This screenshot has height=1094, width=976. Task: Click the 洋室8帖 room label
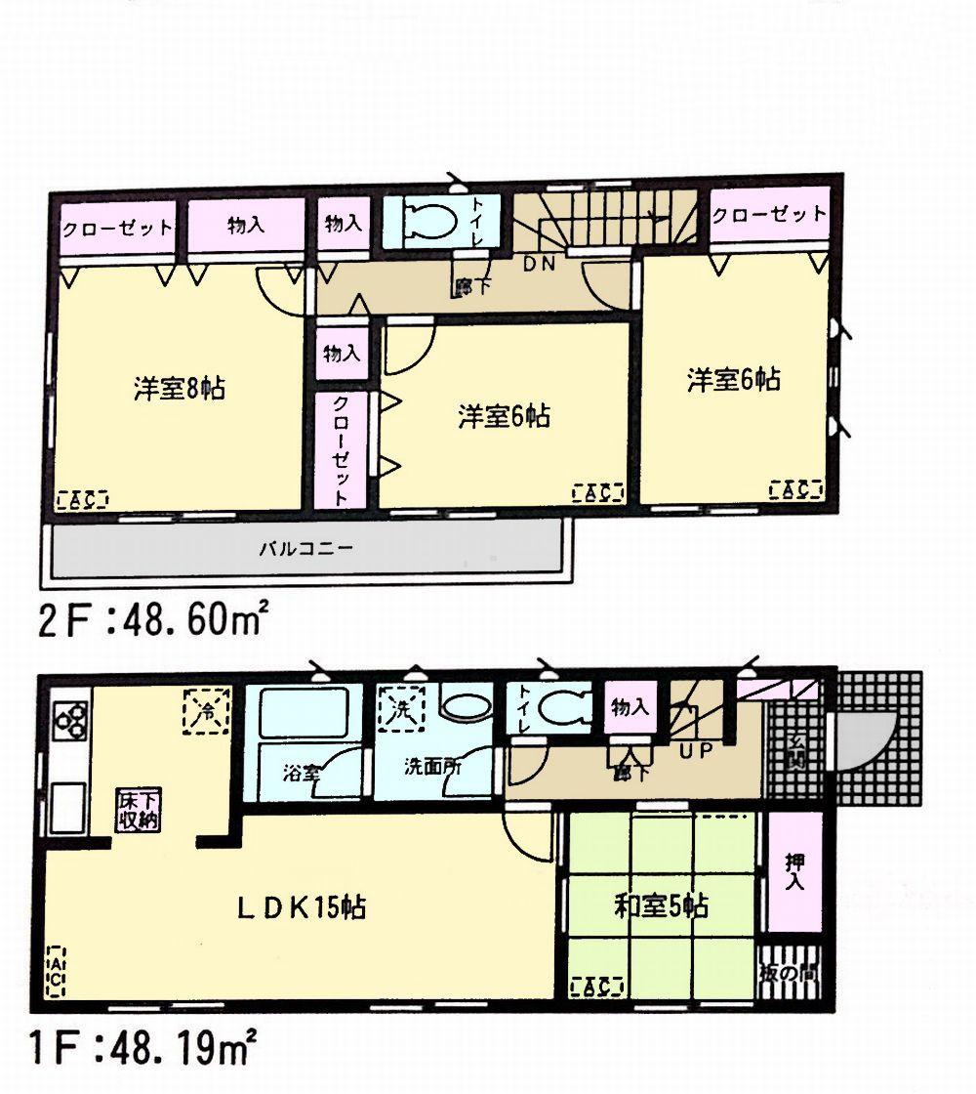click(x=180, y=388)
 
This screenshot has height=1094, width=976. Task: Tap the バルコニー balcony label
click(x=305, y=548)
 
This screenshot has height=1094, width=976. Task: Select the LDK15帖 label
click(x=302, y=907)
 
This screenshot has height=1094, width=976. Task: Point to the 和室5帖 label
click(x=661, y=906)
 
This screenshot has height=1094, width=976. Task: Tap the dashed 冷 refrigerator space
click(x=206, y=710)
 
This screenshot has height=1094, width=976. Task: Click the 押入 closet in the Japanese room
click(x=793, y=873)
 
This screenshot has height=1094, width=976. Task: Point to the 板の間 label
click(x=791, y=974)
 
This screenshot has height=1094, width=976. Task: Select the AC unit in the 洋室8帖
click(x=83, y=499)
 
